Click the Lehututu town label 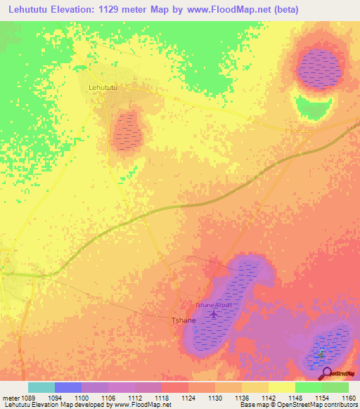[x=103, y=87]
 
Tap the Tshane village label [x=184, y=320]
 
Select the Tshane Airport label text [x=212, y=305]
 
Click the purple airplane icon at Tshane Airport [x=214, y=314]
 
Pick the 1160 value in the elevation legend [x=348, y=398]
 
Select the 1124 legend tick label [x=188, y=398]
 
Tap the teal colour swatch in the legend [x=41, y=387]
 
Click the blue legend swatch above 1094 [x=67, y=387]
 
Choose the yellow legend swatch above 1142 [x=255, y=387]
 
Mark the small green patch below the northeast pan [x=313, y=107]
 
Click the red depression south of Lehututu [x=127, y=131]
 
